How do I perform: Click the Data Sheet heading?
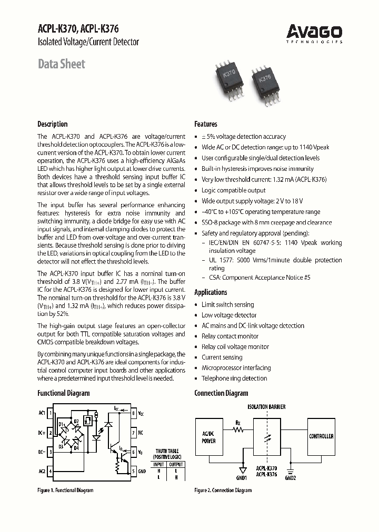(x=61, y=64)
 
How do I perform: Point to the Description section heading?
(x=52, y=124)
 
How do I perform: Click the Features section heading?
(x=206, y=124)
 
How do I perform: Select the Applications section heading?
(x=211, y=292)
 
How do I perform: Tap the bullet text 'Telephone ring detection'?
(x=234, y=378)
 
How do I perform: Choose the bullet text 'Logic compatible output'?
(x=233, y=190)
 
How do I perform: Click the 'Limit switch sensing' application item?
(x=227, y=305)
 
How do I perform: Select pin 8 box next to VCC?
(x=134, y=413)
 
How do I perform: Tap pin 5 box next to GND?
(x=134, y=472)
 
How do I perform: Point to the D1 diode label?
(x=61, y=424)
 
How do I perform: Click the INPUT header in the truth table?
(x=158, y=464)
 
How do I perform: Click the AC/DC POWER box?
(x=209, y=438)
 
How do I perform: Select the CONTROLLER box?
(x=321, y=436)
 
